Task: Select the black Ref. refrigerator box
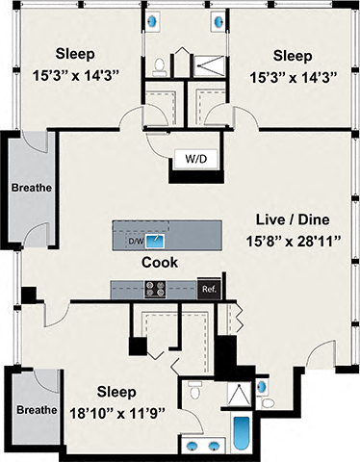(x=207, y=288)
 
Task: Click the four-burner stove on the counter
(x=155, y=287)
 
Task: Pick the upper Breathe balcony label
(x=33, y=187)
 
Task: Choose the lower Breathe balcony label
(x=34, y=410)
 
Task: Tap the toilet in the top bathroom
(x=160, y=65)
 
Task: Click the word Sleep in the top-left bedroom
(x=74, y=52)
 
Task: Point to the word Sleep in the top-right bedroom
(x=292, y=54)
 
